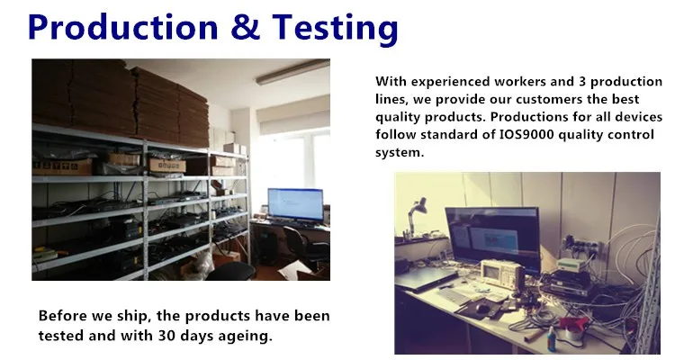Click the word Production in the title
coord(122,27)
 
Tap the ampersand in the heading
coord(246,27)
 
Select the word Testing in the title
coord(335,29)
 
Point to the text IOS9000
coord(526,134)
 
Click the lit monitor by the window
coord(295,204)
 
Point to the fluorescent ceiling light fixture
coord(292,71)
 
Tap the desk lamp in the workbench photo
coord(416,216)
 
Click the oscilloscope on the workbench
coord(502,274)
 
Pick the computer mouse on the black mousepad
coord(483,308)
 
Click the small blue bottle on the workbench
coord(552,337)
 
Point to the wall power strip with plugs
coord(583,247)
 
